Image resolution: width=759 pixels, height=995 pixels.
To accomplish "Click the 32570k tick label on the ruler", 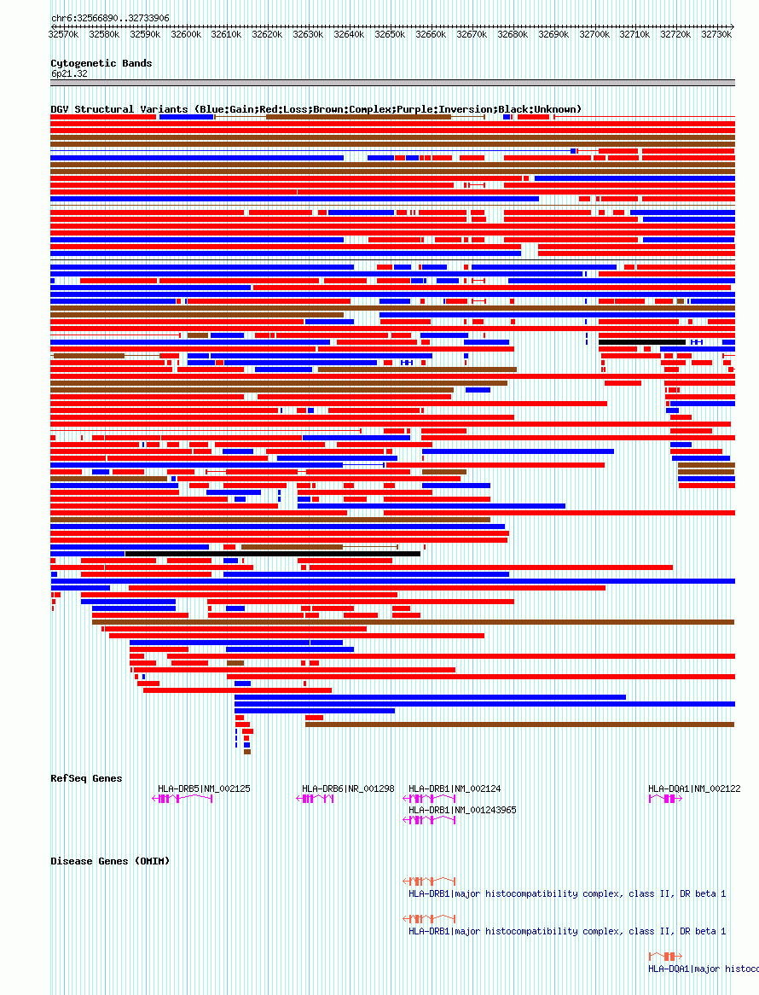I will pyautogui.click(x=63, y=35).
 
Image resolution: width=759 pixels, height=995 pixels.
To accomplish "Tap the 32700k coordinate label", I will pyautogui.click(x=594, y=35).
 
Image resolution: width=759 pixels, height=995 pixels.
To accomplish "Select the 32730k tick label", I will pyautogui.click(x=717, y=35).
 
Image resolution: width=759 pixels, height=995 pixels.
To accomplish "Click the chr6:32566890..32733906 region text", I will pyautogui.click(x=110, y=18).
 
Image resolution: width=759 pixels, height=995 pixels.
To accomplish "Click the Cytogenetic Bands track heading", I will pyautogui.click(x=101, y=63).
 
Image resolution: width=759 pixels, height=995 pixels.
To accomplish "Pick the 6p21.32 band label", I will pyautogui.click(x=69, y=74).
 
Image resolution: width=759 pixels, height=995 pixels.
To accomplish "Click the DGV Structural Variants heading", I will pyautogui.click(x=316, y=109).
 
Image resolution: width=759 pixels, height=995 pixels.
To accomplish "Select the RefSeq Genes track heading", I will pyautogui.click(x=86, y=778).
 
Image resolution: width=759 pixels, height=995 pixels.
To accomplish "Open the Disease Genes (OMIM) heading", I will pyautogui.click(x=110, y=861).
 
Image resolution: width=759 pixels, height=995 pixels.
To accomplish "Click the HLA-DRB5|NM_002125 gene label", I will pyautogui.click(x=204, y=788).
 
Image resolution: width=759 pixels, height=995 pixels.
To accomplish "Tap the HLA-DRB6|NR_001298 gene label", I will pyautogui.click(x=348, y=788).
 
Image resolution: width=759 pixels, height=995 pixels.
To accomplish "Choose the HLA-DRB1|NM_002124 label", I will pyautogui.click(x=455, y=788).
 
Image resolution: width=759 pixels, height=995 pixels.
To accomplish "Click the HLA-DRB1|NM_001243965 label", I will pyautogui.click(x=462, y=810).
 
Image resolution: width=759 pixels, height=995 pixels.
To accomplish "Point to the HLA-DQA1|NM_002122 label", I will pyautogui.click(x=694, y=788).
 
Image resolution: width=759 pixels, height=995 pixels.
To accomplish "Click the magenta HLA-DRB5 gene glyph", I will pyautogui.click(x=182, y=799).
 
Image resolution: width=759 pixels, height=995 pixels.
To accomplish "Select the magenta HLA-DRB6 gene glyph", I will pyautogui.click(x=315, y=799).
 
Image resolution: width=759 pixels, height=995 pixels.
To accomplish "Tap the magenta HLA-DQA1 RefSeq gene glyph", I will pyautogui.click(x=665, y=799).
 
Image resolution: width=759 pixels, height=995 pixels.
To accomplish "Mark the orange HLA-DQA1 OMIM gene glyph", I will pyautogui.click(x=665, y=956).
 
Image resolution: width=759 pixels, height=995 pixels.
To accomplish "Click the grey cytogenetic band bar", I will pyautogui.click(x=392, y=83).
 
